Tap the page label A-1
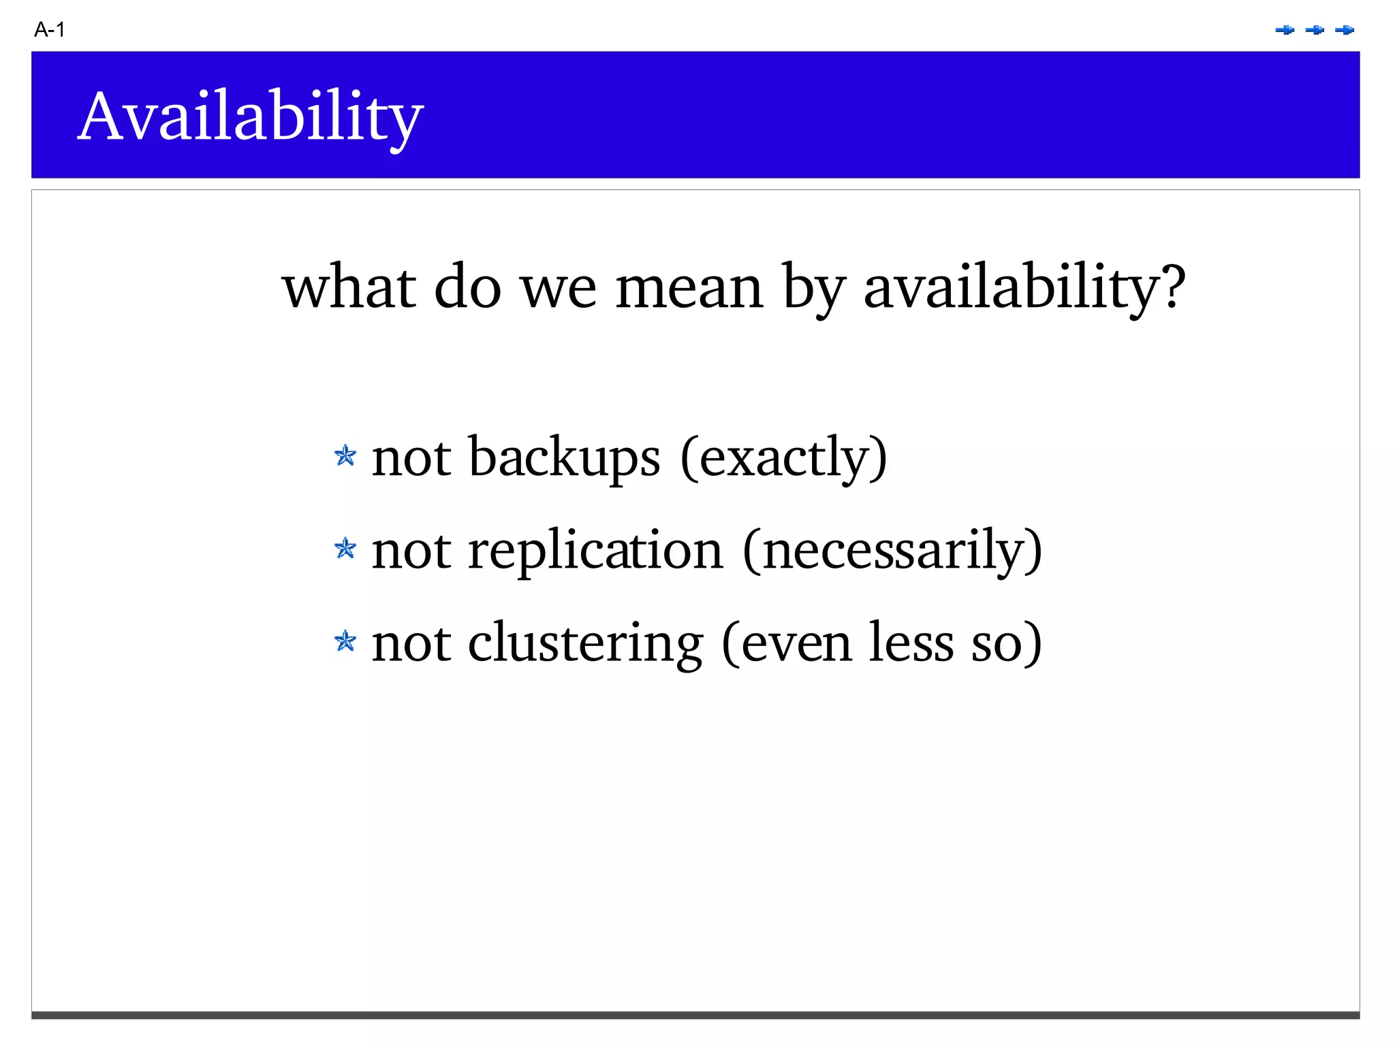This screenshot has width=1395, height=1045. [49, 30]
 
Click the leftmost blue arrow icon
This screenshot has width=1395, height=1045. [1285, 30]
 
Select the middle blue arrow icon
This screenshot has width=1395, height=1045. [1315, 30]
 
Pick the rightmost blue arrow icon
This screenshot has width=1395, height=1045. [1345, 30]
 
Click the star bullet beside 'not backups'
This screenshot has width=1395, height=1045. [345, 456]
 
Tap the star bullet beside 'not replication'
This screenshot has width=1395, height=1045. [345, 549]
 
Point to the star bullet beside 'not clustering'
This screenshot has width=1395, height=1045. [345, 641]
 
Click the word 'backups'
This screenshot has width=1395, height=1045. [564, 457]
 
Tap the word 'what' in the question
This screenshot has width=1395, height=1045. [349, 287]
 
